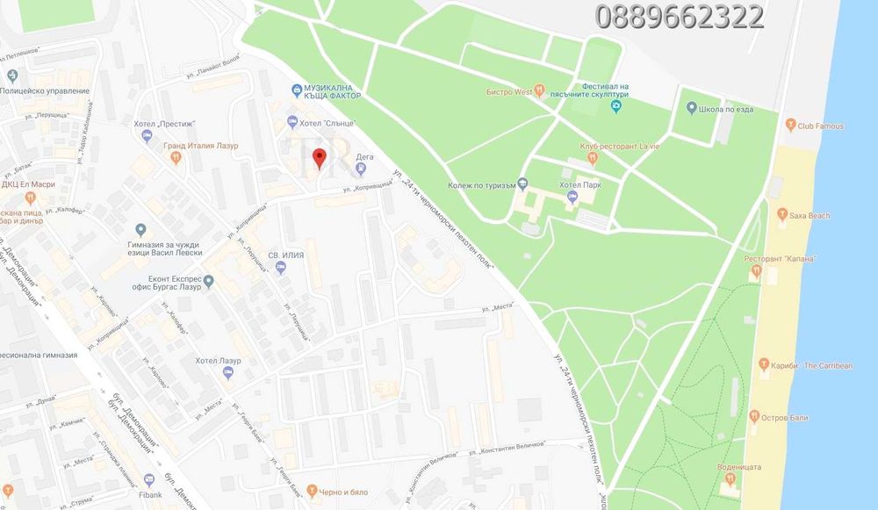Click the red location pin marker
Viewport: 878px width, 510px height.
coord(320,159)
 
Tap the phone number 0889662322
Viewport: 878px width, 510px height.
coord(679,17)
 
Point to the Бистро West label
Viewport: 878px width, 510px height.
coord(510,90)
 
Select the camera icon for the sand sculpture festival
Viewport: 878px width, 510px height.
coord(616,107)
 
